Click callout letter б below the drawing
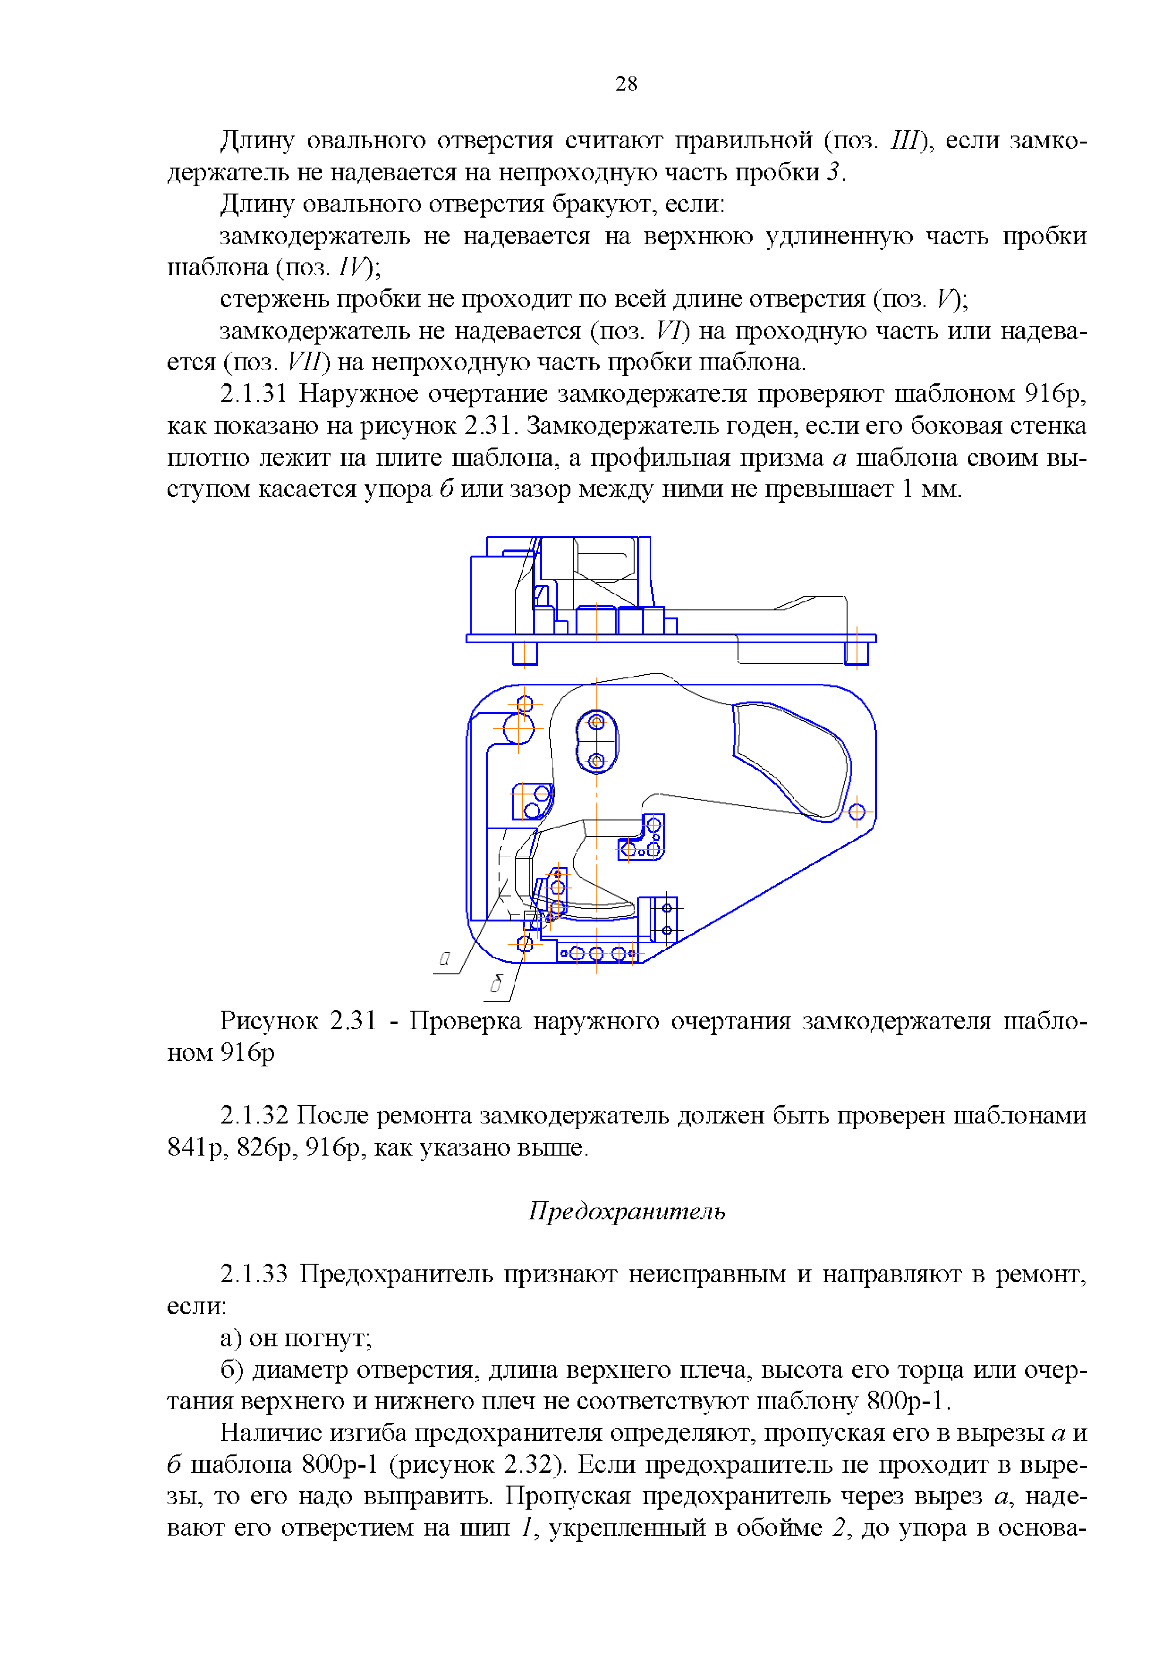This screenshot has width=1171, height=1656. click(x=496, y=984)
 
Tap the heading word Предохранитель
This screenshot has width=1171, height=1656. click(x=626, y=1212)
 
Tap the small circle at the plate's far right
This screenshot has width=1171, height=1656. click(x=857, y=812)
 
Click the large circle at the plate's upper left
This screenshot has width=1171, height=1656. click(x=518, y=728)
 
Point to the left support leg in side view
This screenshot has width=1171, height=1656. click(x=525, y=653)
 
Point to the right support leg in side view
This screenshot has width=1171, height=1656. click(x=857, y=653)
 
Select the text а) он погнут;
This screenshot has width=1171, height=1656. click(x=296, y=1338)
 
